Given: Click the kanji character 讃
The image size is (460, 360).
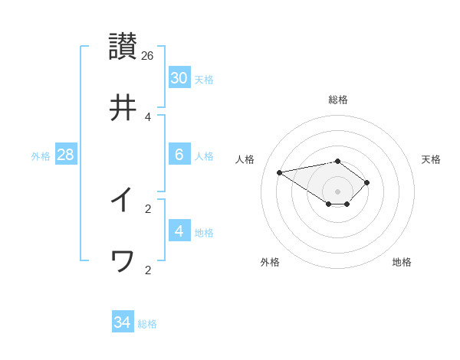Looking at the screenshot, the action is coord(123,45).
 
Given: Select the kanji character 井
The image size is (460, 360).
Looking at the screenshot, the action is coord(123,108).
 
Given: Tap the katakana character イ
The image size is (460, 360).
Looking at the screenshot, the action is coord(123,200).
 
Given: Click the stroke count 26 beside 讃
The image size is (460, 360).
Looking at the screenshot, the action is coord(148,55).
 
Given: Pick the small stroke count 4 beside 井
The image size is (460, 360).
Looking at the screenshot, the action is coord(148,117).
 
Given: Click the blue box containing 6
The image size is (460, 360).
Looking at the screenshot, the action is coord(179,155).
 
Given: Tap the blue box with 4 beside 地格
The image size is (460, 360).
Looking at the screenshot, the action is coord(179,231).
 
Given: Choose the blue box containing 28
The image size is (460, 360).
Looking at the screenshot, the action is coord(66,155).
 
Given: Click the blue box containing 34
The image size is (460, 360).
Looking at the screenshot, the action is coord(123,322).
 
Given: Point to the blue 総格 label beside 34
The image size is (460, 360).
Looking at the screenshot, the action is coord(147,324).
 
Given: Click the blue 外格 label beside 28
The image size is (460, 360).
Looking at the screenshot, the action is coord(41,155).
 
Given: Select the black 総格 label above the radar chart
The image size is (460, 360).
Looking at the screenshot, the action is coord(338,100).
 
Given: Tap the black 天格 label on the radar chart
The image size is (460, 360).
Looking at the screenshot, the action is coord(432,159).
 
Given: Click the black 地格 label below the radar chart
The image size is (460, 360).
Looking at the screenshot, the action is coord(402,262).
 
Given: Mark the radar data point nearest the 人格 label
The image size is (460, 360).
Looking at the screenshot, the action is coord(280,172).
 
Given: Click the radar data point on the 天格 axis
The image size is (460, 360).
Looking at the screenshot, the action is coord(367,182).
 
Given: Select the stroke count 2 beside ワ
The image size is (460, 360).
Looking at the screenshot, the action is coord(148,270).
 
